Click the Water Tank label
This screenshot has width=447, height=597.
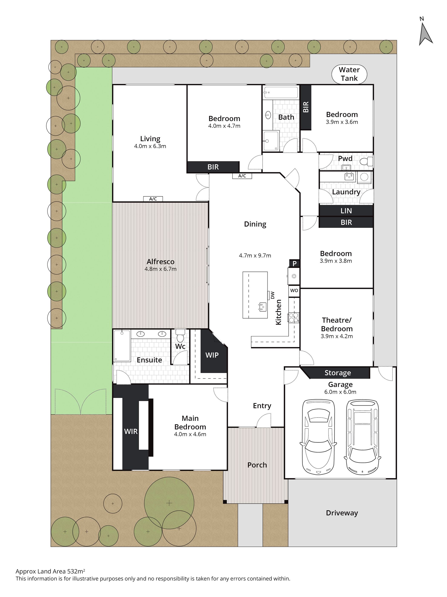tap(349, 74)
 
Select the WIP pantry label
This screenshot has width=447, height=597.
tap(212, 355)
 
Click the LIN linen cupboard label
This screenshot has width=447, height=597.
tap(346, 211)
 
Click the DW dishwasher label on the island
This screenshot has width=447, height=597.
tap(272, 295)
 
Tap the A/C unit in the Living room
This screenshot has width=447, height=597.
tap(153, 199)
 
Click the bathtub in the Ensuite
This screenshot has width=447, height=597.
tap(122, 346)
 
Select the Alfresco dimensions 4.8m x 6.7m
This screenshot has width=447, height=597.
tap(160, 269)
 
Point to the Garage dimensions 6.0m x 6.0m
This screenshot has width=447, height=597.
tap(340, 392)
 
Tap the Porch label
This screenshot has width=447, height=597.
tap(257, 465)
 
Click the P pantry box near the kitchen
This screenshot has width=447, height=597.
tap(295, 263)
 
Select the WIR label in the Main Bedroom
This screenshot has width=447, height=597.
tap(131, 431)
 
